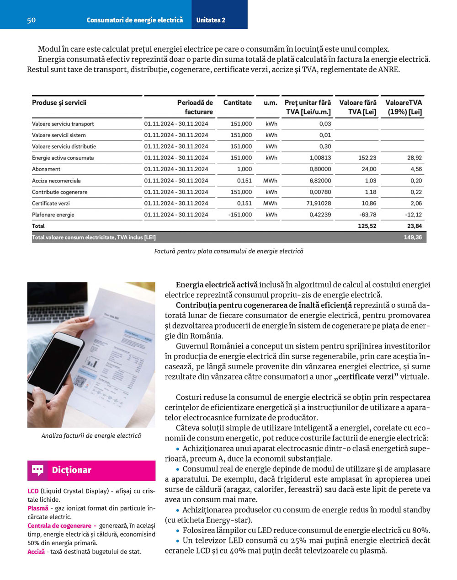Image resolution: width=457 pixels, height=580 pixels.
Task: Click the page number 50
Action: pos(31,20)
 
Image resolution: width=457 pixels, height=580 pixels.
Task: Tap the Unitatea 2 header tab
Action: pos(211,20)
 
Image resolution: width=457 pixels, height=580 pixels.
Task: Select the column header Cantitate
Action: pos(237,103)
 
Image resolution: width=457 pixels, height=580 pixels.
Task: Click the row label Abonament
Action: pos(46,169)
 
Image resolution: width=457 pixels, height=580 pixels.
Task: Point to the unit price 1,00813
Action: pos(320,158)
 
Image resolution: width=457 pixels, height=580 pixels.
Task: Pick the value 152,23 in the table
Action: pos(367,158)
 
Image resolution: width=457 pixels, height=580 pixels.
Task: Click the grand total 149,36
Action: pos(413,237)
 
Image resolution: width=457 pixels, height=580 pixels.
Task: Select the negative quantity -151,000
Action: pos(240,215)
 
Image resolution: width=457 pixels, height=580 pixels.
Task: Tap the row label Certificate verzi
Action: pos(51,203)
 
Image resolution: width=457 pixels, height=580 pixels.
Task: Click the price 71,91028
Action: pos(319,203)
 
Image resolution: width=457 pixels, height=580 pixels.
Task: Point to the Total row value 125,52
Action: pos(367,226)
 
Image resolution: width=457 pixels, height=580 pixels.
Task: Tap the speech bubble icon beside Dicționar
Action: pos(37,470)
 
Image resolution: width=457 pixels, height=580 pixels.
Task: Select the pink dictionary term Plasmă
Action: pos(37,508)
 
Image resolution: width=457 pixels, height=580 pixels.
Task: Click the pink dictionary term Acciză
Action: pos(36,552)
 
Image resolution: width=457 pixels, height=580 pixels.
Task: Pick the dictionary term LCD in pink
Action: pos(33,491)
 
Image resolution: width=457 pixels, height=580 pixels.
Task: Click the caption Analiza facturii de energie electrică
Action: pos(91,436)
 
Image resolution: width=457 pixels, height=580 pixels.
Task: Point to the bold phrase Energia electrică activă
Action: pos(217,285)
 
